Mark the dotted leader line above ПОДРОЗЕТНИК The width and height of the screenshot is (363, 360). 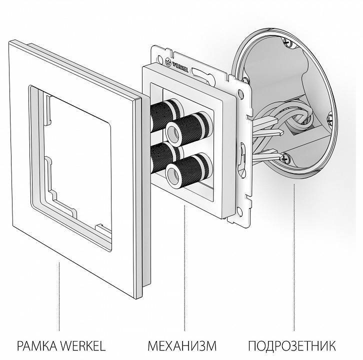(294, 250)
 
